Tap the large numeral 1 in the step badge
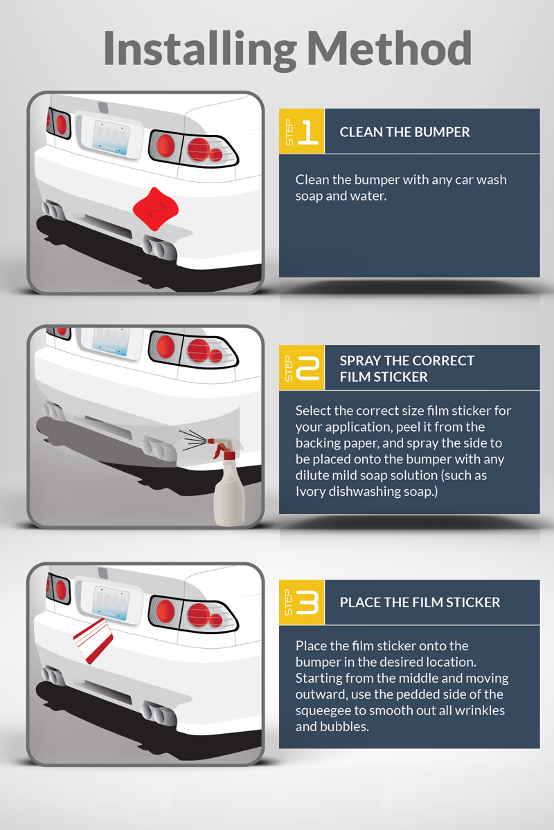click(309, 131)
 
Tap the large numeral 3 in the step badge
click(309, 602)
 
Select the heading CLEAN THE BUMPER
click(404, 132)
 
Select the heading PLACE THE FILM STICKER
click(420, 602)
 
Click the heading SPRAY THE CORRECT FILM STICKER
click(407, 369)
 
